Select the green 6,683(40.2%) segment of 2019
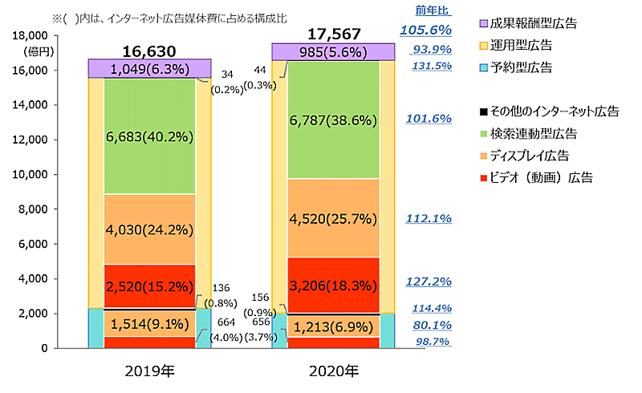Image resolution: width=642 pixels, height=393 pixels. click(149, 137)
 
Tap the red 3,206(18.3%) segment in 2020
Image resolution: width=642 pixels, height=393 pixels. click(333, 284)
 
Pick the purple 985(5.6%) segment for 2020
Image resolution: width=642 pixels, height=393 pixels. click(333, 53)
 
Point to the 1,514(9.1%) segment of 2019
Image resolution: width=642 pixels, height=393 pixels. click(149, 325)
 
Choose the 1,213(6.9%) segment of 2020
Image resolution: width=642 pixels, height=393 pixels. click(333, 326)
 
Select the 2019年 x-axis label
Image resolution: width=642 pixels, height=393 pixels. click(149, 371)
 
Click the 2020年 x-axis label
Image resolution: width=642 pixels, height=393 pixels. click(333, 371)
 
